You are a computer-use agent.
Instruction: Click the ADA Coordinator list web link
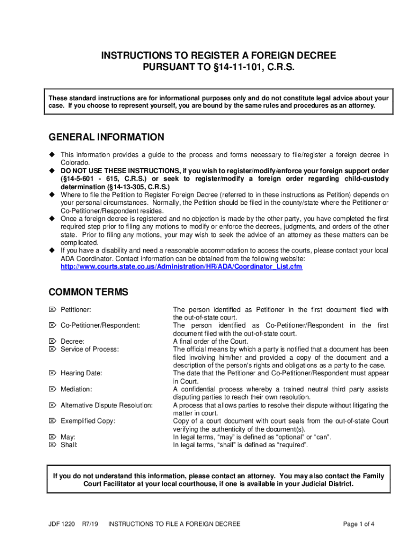coord(181,266)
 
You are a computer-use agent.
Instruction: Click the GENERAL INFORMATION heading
coord(106,137)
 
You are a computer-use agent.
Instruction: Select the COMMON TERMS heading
coord(88,292)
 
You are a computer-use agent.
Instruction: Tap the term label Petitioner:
coord(76,310)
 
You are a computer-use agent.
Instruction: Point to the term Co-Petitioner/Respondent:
coord(100,325)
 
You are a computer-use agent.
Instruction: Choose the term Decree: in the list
coord(72,341)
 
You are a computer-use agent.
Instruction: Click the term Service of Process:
coord(90,349)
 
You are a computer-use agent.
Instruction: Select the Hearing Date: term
coord(81,373)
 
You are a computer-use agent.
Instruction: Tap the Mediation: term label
coord(76,389)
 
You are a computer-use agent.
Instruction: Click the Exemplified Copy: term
coord(88,421)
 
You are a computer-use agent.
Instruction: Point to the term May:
coord(68,437)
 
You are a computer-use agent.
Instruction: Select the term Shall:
coord(69,445)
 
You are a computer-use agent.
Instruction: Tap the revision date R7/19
coord(90,524)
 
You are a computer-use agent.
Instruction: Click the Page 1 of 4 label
coord(359,524)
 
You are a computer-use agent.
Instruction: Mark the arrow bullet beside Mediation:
coord(52,389)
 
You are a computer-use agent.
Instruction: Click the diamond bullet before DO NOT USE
coord(52,170)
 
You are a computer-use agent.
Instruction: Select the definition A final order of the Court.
coord(210,341)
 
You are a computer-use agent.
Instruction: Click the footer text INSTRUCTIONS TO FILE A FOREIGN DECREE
coord(174,524)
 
